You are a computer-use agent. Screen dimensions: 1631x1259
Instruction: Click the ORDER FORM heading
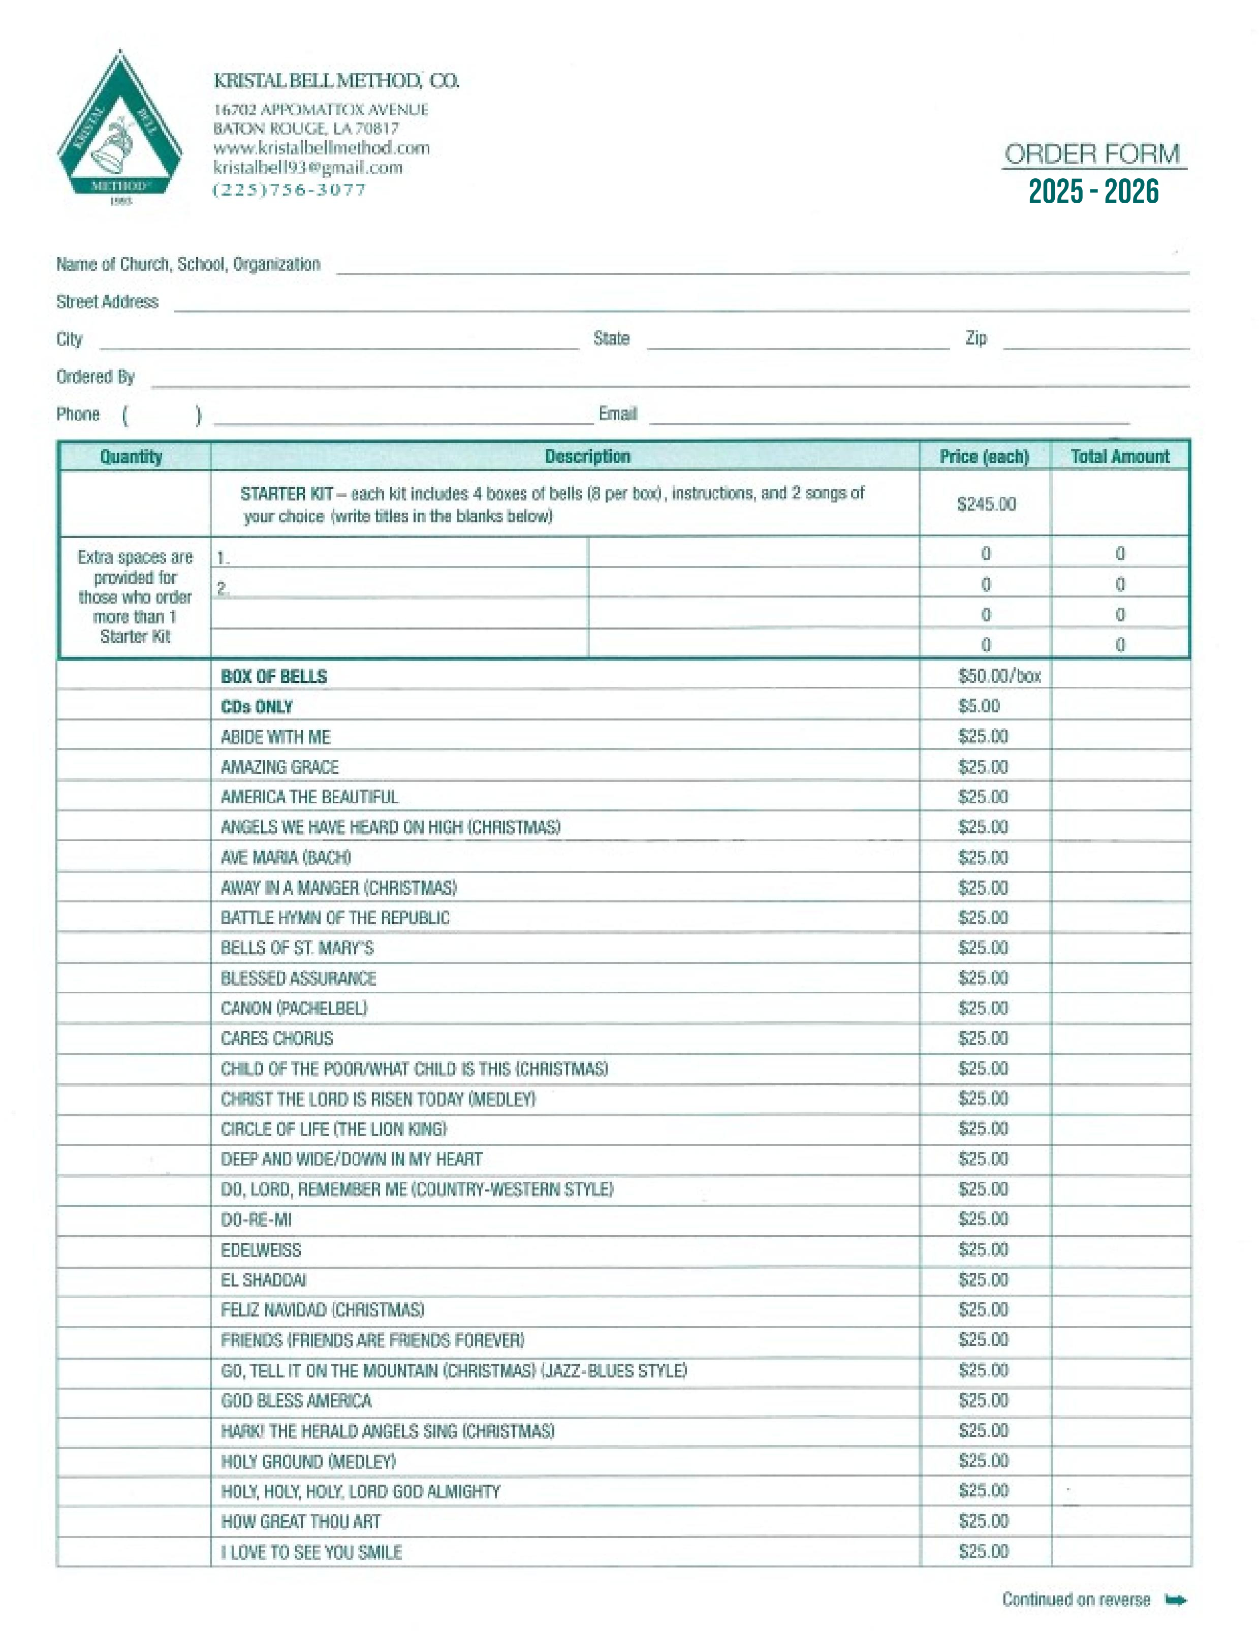coord(1092,154)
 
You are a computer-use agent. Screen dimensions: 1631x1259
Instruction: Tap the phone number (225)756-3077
coord(290,190)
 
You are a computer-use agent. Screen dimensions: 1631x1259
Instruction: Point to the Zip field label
coord(975,338)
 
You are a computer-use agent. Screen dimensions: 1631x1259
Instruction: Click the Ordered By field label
coord(95,377)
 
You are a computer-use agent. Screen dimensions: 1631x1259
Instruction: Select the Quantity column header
coord(132,456)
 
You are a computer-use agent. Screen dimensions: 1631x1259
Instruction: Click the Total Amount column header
coord(1119,456)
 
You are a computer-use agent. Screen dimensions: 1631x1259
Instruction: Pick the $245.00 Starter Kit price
coord(986,504)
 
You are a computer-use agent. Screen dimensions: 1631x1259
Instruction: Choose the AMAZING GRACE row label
coord(279,767)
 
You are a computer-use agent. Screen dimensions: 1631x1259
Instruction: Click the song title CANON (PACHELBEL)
coord(294,1008)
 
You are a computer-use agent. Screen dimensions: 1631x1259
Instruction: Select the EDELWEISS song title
coord(261,1250)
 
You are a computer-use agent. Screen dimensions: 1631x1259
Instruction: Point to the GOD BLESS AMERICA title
coord(296,1401)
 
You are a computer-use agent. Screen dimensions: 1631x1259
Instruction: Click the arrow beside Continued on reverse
coord(1175,1599)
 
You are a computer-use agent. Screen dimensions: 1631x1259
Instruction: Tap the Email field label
coord(617,414)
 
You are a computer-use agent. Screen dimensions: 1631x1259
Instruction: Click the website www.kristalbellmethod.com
coord(321,148)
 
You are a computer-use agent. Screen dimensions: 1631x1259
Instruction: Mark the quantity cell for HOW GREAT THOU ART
coord(133,1522)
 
